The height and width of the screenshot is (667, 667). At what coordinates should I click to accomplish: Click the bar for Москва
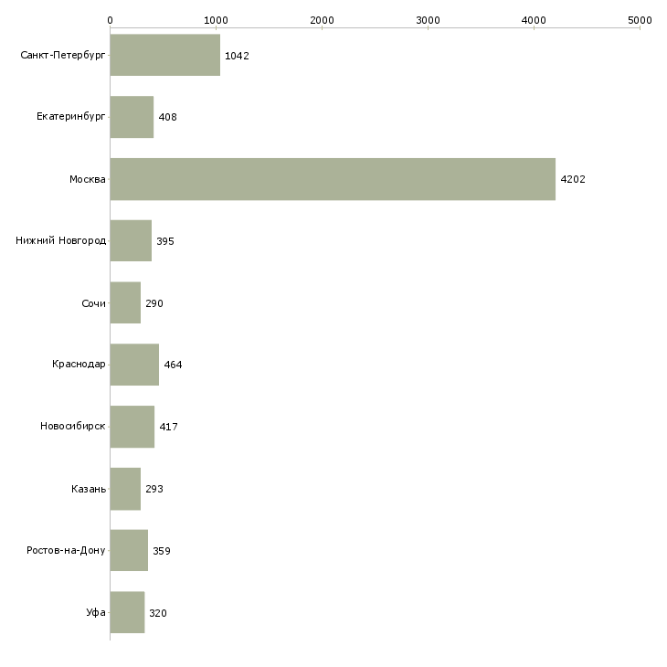333,179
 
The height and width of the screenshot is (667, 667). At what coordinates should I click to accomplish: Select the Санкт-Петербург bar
164,55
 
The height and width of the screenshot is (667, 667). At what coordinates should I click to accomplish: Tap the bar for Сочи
125,302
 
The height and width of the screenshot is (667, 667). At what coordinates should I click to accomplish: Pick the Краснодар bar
134,365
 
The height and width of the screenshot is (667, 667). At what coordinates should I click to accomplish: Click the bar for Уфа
127,612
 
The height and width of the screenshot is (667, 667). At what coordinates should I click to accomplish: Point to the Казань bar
125,489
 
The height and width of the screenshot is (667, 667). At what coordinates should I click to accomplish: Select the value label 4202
573,179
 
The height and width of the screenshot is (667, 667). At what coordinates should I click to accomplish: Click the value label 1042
237,56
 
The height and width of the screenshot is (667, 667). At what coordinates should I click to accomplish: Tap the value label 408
167,118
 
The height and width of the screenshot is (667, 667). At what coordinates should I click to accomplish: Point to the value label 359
162,551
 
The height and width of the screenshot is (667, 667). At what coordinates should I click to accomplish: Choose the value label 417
168,427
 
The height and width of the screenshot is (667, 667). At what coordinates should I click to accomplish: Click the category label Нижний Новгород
61,241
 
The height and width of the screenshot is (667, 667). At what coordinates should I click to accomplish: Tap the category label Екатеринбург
71,117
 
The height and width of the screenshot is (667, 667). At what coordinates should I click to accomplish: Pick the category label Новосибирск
73,427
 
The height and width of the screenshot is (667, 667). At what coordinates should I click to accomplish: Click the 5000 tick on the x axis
640,19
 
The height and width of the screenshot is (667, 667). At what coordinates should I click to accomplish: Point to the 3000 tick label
428,19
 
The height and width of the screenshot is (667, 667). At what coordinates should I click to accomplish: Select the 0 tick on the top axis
110,19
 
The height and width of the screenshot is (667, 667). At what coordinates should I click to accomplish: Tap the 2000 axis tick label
322,19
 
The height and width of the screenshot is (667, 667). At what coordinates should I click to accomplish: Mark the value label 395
165,241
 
